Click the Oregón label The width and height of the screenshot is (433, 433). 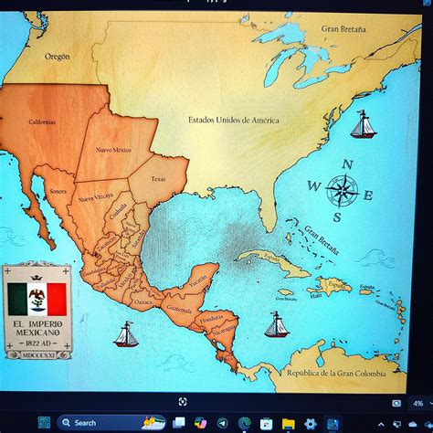coord(57,57)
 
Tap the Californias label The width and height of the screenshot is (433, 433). coord(42,122)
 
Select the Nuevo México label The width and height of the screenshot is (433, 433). coord(114,149)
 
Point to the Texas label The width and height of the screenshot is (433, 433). coord(159,179)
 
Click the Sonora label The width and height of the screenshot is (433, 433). coord(58,192)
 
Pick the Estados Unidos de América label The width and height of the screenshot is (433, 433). coord(234,120)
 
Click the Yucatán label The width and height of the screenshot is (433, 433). coord(198,280)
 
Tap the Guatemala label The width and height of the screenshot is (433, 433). coord(179,310)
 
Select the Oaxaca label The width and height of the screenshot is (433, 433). coord(143,301)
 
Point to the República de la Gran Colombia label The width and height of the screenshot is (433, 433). coord(333,373)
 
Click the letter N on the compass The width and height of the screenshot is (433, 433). coord(346,164)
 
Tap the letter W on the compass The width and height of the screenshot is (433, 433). coord(313,186)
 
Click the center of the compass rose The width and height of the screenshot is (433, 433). coord(342,191)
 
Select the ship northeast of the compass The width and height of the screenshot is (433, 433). coord(363,125)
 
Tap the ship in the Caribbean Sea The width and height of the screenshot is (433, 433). coord(276,324)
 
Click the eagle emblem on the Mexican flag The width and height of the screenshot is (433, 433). coord(38,295)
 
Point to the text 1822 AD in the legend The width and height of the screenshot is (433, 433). coord(37,343)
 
